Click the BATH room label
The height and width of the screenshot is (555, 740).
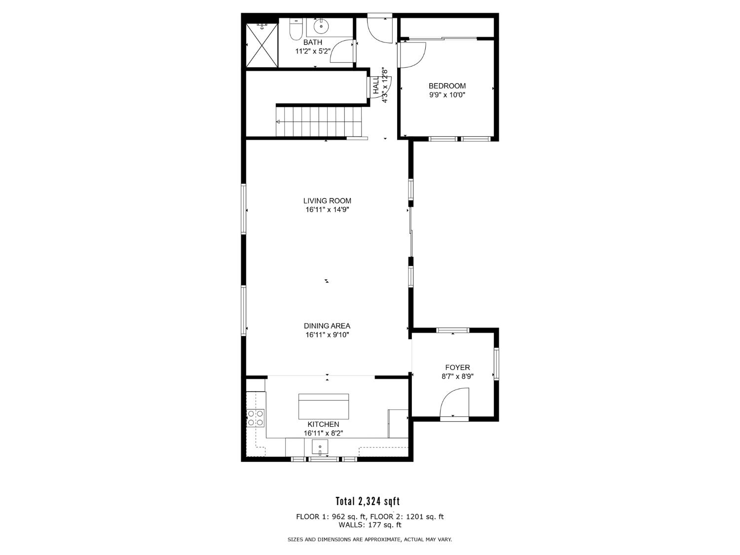click(x=313, y=42)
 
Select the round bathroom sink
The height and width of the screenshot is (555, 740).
click(x=321, y=26)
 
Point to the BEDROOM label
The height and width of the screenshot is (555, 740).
click(x=447, y=86)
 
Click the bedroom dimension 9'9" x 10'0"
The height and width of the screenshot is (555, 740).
click(x=447, y=95)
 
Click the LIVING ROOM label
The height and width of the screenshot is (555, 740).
click(x=327, y=201)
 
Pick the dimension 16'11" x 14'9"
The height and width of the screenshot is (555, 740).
click(x=327, y=210)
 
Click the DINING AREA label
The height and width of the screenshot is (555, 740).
click(x=327, y=326)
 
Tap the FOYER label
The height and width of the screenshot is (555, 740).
click(x=457, y=368)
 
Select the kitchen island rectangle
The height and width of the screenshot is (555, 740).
click(x=324, y=407)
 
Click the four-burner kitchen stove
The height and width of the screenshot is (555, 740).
click(x=256, y=418)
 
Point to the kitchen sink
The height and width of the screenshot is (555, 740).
click(x=320, y=448)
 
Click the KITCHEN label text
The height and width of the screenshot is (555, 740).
click(x=323, y=424)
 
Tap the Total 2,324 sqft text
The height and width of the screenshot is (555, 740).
click(x=368, y=502)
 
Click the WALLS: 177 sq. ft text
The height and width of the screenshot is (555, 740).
click(x=370, y=525)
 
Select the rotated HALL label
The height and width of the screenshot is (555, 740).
click(x=376, y=85)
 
